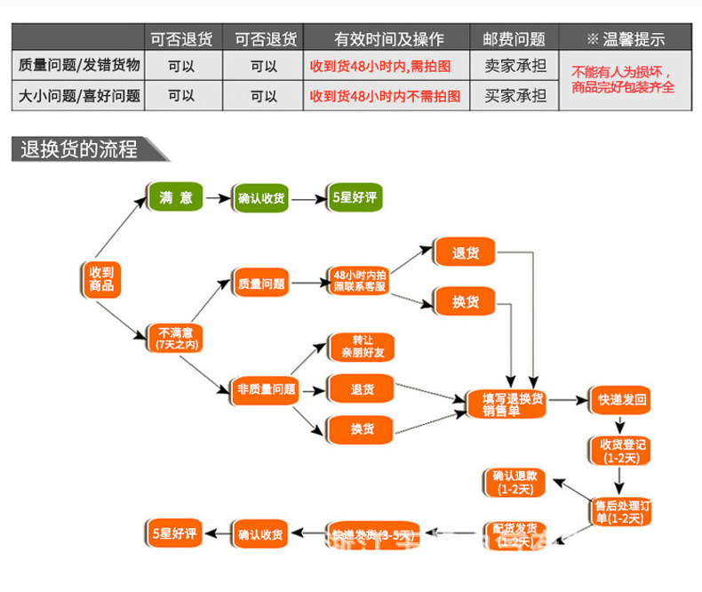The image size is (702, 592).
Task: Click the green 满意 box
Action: (x=175, y=197)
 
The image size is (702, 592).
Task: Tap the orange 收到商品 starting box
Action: (x=100, y=279)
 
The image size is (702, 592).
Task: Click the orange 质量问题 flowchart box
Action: (x=261, y=284)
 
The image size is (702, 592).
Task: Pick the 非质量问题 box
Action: (x=266, y=388)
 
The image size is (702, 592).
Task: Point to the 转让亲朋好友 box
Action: (x=361, y=347)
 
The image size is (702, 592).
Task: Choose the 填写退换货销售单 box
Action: (x=506, y=404)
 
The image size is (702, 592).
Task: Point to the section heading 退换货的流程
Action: (x=80, y=149)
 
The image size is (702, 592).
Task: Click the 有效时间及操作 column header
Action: (x=388, y=38)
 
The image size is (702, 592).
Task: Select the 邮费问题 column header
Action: (x=514, y=38)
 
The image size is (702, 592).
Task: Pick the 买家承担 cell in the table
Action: (x=514, y=95)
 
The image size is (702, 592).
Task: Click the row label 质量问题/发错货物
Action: (x=78, y=66)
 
